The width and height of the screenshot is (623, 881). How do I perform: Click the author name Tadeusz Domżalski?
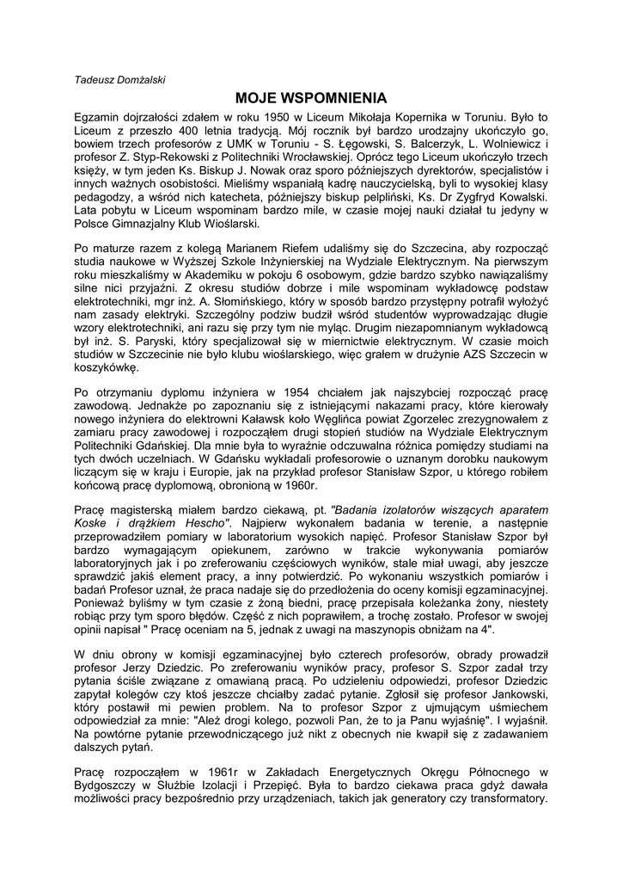[x=121, y=79]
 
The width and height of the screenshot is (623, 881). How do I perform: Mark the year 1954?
[x=262, y=394]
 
